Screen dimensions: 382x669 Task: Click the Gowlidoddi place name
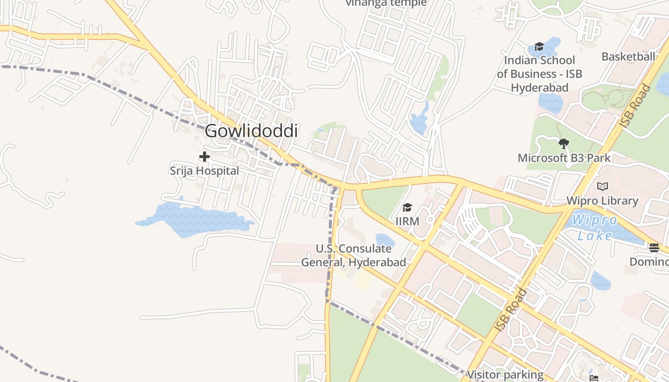tap(251, 131)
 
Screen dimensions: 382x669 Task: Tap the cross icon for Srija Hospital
tap(205, 157)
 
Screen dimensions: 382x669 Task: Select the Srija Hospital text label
tap(205, 170)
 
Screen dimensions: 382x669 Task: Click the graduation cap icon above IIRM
tap(407, 207)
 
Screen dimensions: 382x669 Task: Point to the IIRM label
tap(407, 221)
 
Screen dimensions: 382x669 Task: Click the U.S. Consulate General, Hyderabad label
tap(354, 255)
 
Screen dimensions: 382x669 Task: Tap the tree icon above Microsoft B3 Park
tap(564, 143)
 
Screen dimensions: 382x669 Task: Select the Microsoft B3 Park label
tap(564, 158)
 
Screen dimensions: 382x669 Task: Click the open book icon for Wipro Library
tap(603, 187)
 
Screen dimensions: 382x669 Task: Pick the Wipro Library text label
tap(602, 201)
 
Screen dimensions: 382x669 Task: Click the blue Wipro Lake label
tap(595, 228)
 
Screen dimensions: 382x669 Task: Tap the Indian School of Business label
tap(540, 74)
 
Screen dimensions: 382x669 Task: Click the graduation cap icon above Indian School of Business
tap(539, 46)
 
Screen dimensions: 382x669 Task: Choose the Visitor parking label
tap(506, 375)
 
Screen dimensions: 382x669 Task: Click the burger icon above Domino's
tap(654, 248)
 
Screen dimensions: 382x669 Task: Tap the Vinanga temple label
tap(386, 3)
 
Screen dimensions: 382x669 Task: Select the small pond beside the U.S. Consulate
tap(384, 240)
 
